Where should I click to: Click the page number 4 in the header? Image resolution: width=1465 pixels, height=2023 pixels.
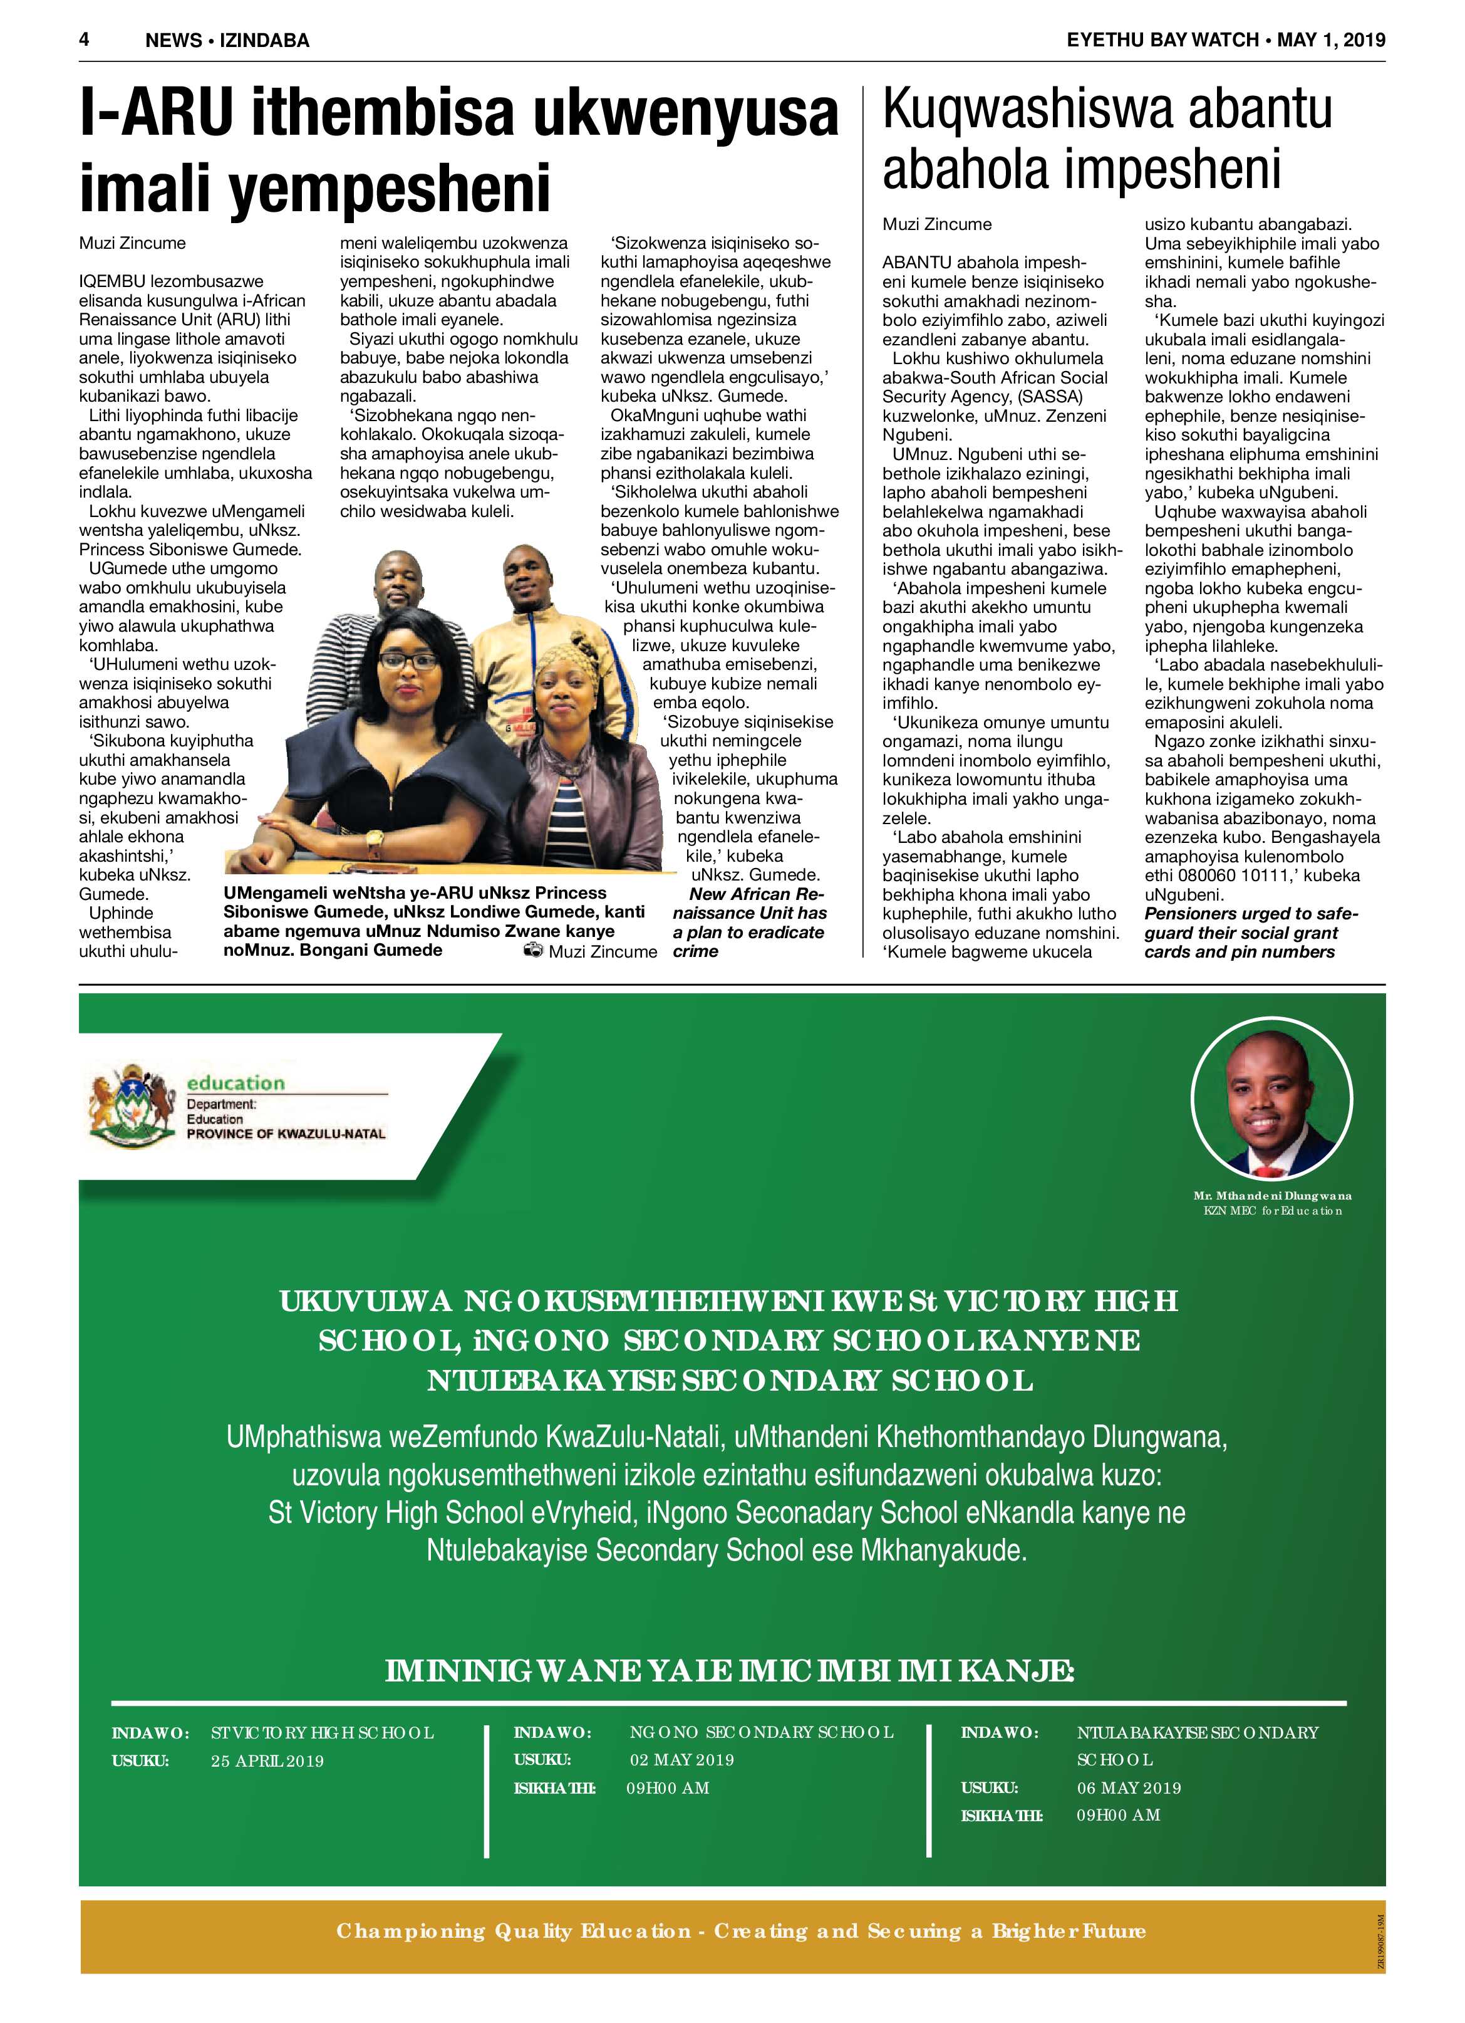point(85,39)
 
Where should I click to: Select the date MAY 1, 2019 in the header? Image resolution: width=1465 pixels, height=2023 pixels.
point(1330,40)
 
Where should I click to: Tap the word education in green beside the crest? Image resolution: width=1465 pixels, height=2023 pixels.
point(236,1083)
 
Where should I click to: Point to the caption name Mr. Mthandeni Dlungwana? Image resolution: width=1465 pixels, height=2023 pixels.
point(1271,1195)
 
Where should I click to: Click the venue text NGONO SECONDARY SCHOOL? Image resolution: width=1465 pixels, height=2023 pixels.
point(760,1732)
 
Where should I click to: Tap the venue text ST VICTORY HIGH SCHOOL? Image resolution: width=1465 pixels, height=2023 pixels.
point(322,1733)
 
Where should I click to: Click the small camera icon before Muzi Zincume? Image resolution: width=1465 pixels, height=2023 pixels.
point(533,951)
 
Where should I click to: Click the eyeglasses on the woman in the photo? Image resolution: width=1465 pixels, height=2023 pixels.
point(408,662)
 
